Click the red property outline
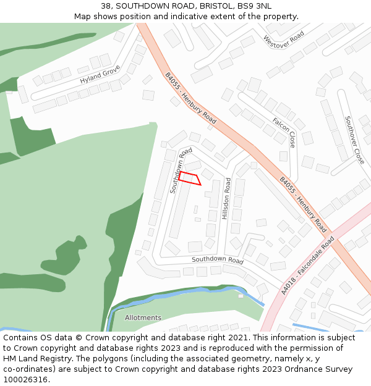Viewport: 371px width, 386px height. [x=189, y=178]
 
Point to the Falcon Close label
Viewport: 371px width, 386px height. [x=284, y=132]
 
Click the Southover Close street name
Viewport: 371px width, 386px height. [x=354, y=140]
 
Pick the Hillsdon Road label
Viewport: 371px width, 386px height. [x=228, y=199]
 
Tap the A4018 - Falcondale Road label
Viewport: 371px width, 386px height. [x=307, y=264]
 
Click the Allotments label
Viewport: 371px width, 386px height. [x=143, y=318]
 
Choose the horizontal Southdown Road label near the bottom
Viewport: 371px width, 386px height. [x=218, y=261]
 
